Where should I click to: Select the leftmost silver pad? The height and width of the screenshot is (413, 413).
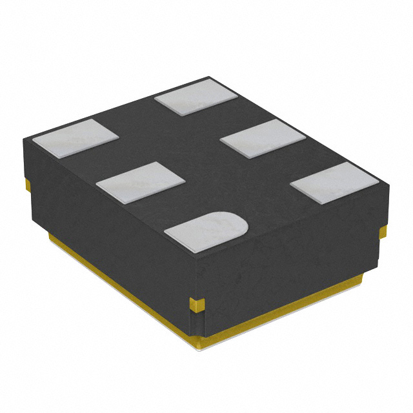pos(76,139)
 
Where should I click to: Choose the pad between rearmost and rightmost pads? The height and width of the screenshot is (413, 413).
pos(262,137)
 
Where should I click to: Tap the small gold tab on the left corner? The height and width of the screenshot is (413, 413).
pos(27,185)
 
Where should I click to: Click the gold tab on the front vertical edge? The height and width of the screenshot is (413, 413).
pos(197,303)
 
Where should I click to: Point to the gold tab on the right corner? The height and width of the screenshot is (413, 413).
pos(383,230)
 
